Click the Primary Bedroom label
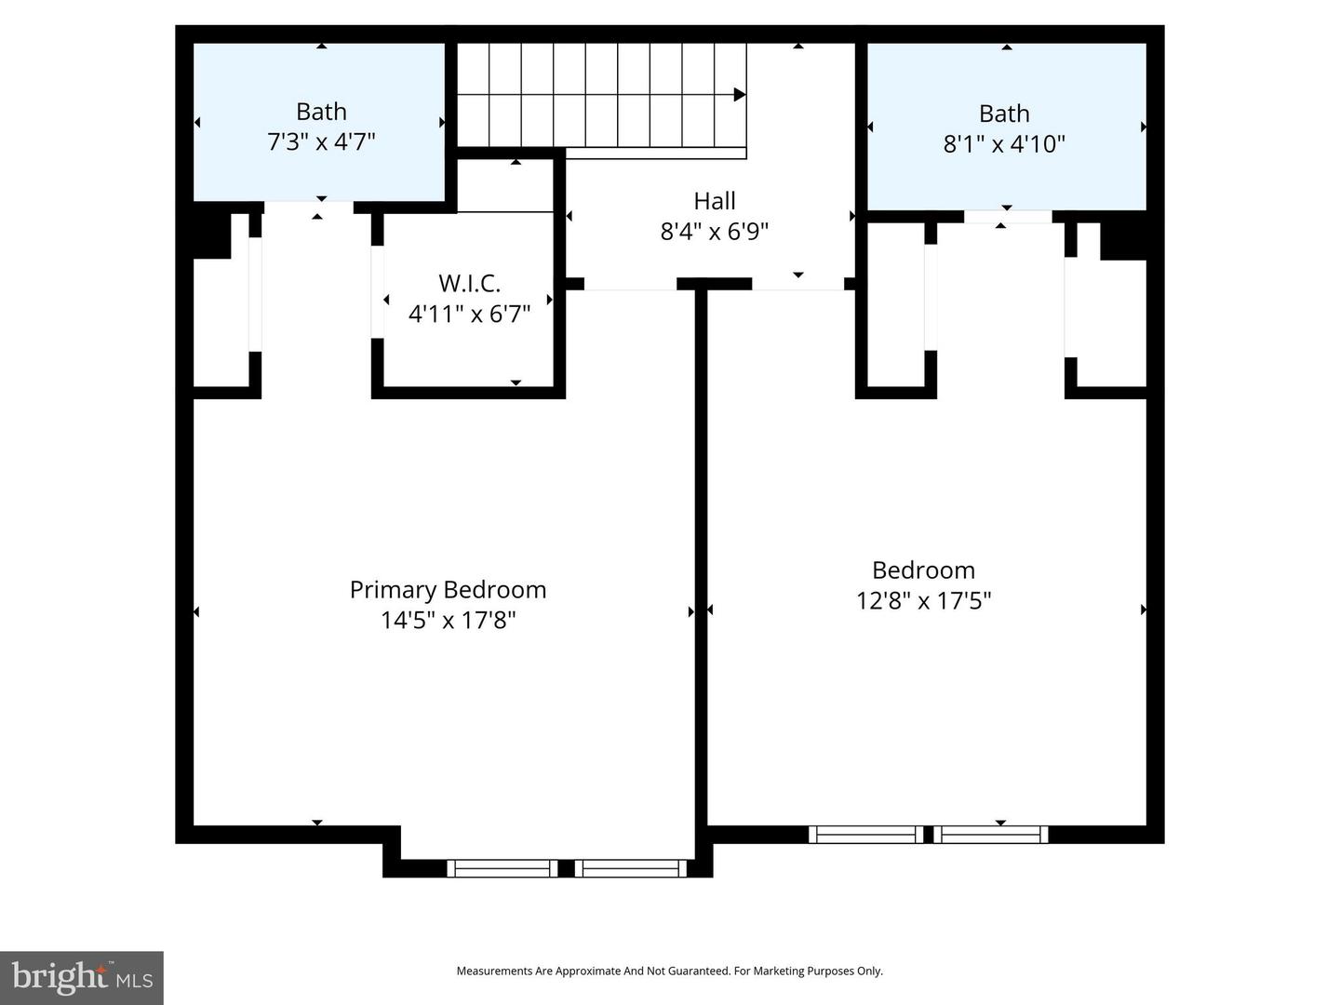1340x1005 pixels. [x=448, y=590]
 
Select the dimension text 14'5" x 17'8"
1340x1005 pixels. [x=448, y=621]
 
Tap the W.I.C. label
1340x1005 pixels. [x=469, y=283]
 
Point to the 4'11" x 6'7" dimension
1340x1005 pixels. [x=469, y=314]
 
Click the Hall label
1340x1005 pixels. [x=714, y=201]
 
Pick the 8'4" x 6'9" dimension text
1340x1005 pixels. [x=714, y=232]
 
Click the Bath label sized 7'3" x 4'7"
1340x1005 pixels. [x=321, y=112]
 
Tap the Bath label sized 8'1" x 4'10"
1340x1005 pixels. [x=1004, y=114]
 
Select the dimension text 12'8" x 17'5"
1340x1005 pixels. [x=923, y=601]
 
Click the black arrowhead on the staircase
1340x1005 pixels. [x=740, y=95]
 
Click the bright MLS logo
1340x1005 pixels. [x=82, y=978]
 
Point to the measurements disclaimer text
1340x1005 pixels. [x=669, y=971]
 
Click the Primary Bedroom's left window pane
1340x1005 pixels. [x=502, y=868]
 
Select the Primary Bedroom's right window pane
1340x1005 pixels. [x=630, y=868]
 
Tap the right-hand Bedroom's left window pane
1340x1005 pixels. [x=865, y=835]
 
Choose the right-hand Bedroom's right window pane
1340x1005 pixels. [x=990, y=835]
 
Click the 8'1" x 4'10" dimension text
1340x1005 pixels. [x=1004, y=144]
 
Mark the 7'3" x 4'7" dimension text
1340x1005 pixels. [x=321, y=142]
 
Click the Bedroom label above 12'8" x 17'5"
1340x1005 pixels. [x=923, y=570]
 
